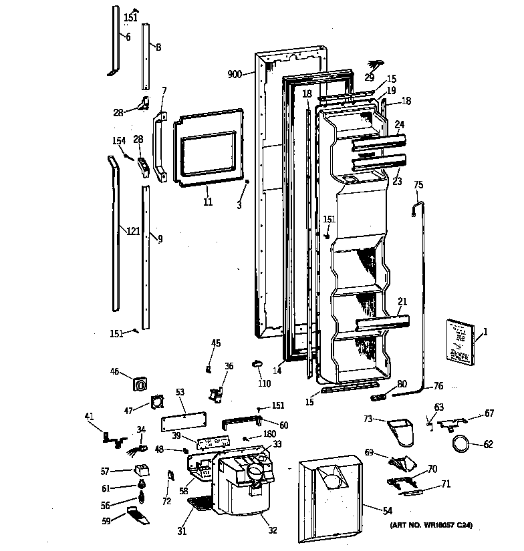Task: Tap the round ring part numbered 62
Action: click(459, 443)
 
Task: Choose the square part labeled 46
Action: click(140, 384)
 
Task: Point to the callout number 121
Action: click(133, 232)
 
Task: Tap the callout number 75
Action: click(418, 185)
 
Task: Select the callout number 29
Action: click(369, 77)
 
